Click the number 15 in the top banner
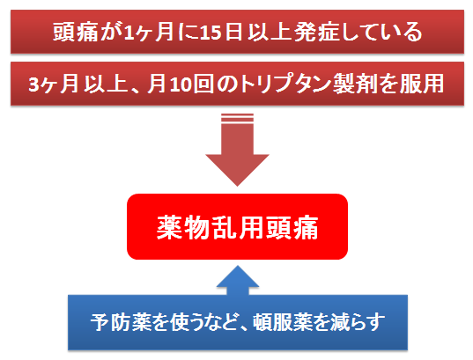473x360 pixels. (211, 32)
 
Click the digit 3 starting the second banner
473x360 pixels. (34, 84)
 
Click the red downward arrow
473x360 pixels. (237, 151)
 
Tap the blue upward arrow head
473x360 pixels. (238, 276)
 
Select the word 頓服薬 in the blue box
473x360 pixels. (282, 322)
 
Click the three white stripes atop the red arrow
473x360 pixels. (238, 118)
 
